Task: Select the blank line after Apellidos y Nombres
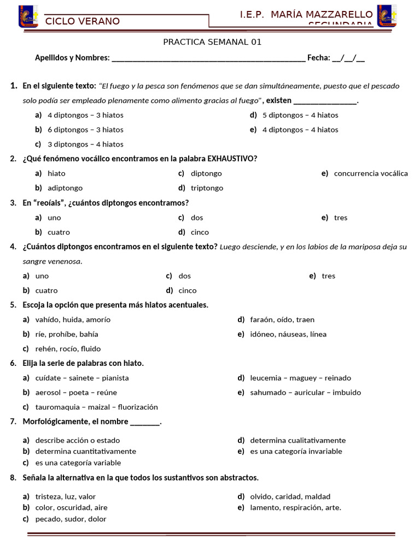point(208,58)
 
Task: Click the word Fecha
point(318,57)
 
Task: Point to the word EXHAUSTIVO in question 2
point(232,159)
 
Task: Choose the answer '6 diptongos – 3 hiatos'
point(85,130)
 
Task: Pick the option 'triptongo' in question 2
point(207,188)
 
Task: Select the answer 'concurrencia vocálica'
point(370,173)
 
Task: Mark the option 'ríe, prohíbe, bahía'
point(67,334)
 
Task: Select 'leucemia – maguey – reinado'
point(300,378)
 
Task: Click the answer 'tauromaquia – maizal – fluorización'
point(96,407)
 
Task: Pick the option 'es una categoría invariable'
point(296,451)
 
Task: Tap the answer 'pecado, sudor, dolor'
point(71,519)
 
